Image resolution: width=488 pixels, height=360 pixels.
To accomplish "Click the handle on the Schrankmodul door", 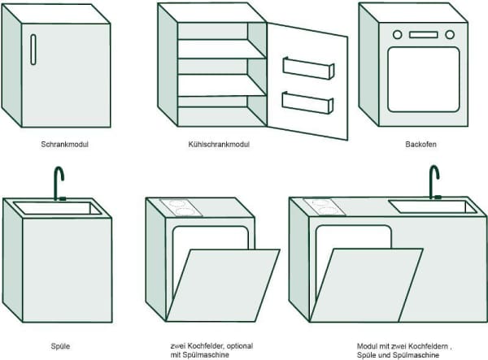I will pos(33,50).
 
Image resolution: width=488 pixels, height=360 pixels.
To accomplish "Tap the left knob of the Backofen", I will pos(398,35).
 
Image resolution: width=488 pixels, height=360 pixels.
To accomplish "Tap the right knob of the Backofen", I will pos(449,35).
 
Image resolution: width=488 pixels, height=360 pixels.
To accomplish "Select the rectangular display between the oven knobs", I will pos(423,35).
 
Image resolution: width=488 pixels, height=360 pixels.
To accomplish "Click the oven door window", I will pos(423,80).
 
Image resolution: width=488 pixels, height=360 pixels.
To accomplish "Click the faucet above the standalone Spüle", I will pos(59,182).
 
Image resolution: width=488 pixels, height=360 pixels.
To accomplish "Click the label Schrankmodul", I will pos(63,144).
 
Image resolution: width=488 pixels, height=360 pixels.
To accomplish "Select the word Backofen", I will pos(421,144).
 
